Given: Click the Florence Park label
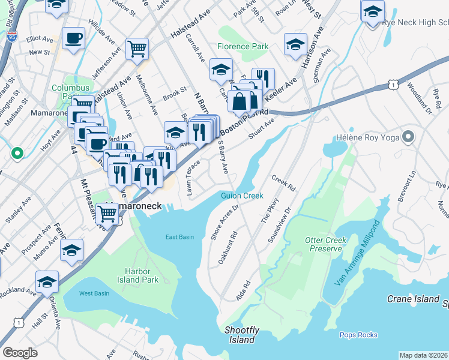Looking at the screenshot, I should pos(243,46).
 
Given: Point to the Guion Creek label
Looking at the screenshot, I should pos(242,196).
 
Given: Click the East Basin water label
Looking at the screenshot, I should pos(179,237).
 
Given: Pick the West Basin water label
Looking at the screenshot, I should pos(94,293).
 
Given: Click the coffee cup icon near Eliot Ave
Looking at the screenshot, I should pos(74,38).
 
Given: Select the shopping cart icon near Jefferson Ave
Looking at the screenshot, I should pos(137,48).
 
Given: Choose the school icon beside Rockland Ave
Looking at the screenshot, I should pos(47,281).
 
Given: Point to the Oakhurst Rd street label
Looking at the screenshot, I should pos(228,249).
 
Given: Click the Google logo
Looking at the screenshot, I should pos(20,353).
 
